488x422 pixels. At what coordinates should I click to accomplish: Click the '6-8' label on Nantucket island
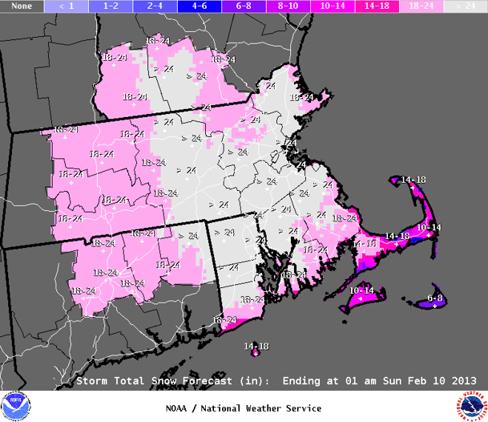435,298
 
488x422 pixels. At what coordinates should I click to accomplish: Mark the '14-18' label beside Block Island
256,345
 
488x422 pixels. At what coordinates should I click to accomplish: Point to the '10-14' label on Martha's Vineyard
361,290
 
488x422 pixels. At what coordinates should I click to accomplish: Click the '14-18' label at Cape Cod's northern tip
413,178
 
